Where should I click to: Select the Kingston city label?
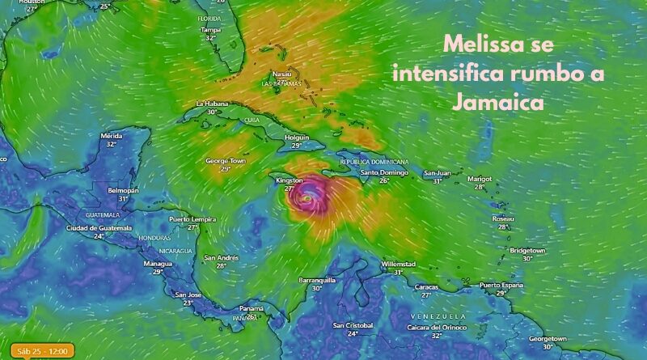tap(290, 180)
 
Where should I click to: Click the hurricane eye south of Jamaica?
tap(307, 197)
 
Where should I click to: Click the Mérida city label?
tap(112, 135)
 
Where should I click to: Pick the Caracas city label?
tap(425, 286)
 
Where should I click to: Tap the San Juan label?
tap(438, 172)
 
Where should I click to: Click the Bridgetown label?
tap(527, 251)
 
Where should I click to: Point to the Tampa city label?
tap(211, 29)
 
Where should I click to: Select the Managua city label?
tap(158, 264)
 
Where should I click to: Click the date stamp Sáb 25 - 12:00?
tap(38, 350)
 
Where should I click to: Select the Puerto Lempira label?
tap(192, 219)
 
